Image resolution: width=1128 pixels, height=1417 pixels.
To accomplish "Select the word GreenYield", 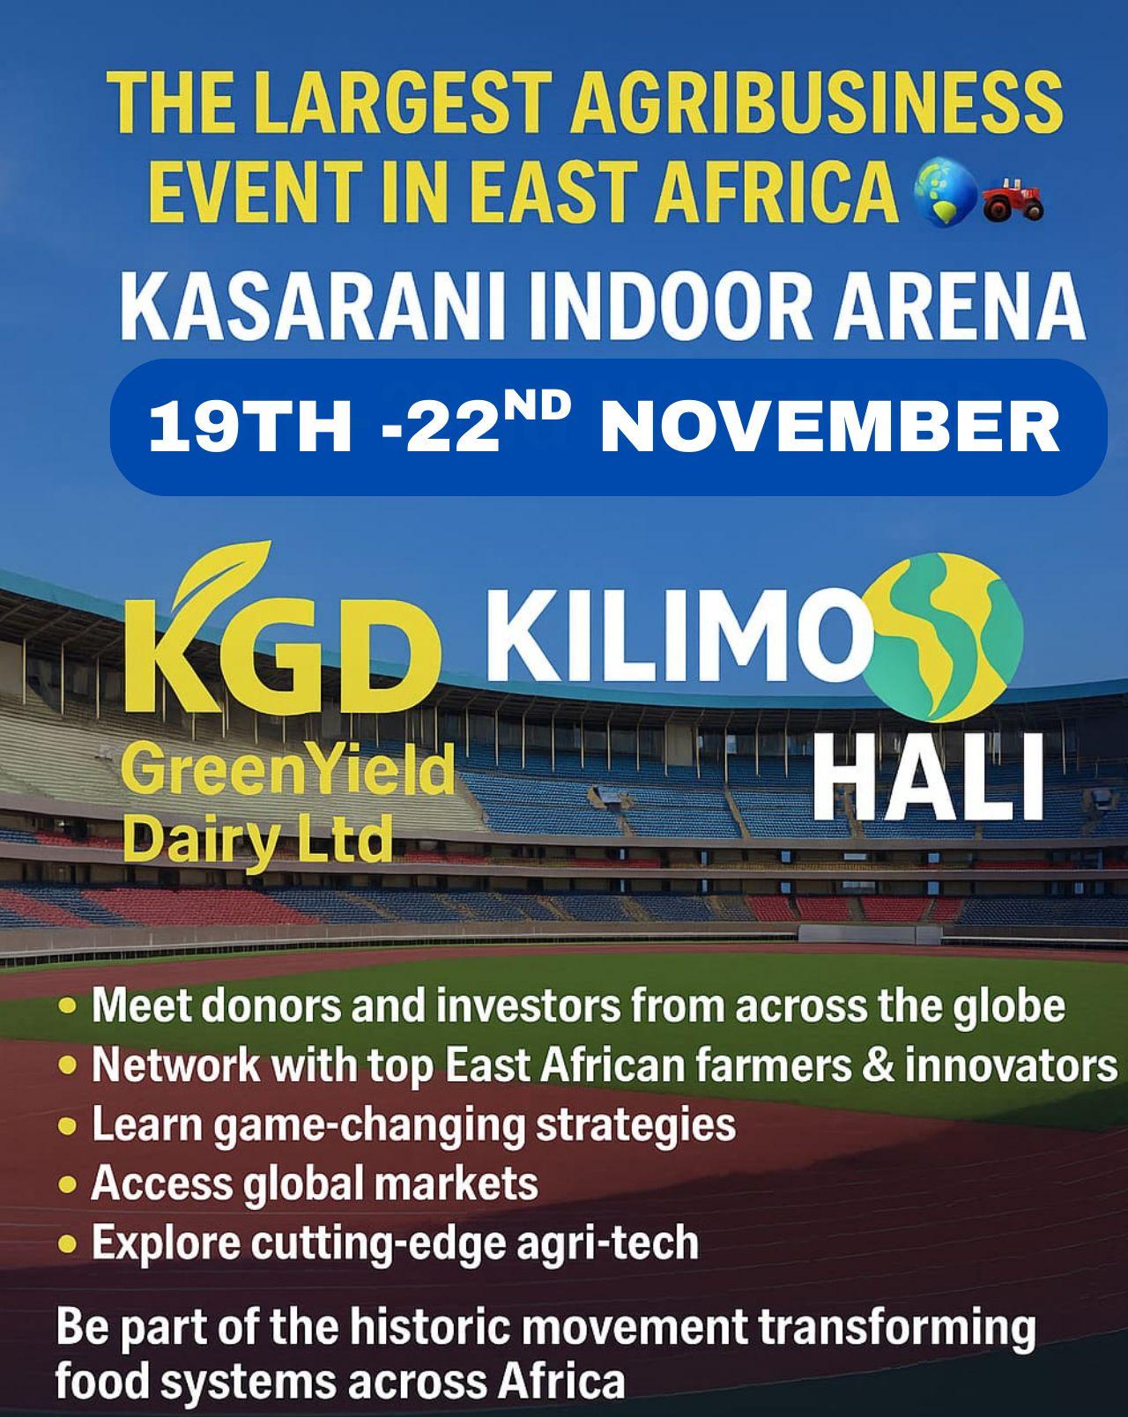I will coord(286,773).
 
